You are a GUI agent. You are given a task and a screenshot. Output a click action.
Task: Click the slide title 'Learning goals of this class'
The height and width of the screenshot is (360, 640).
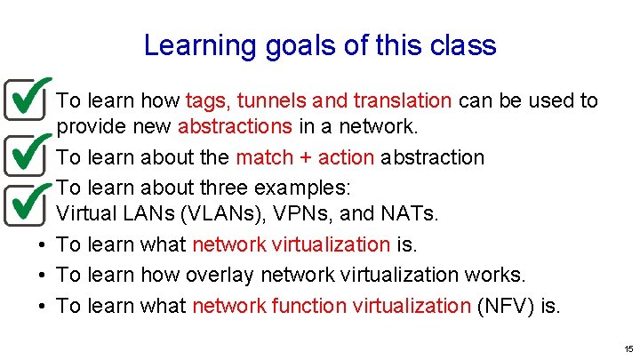coord(320,45)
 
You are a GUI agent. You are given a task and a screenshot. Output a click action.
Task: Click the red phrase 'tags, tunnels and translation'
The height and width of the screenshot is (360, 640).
coord(319,100)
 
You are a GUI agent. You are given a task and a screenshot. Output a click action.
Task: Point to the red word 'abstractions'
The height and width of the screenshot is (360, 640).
coord(235,126)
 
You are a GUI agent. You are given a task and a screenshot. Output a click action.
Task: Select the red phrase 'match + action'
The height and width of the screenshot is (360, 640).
coord(305,158)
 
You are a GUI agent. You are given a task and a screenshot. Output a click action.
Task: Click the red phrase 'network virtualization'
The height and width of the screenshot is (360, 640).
coord(291,244)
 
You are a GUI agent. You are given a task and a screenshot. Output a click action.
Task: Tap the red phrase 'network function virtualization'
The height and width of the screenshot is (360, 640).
coord(331,307)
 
